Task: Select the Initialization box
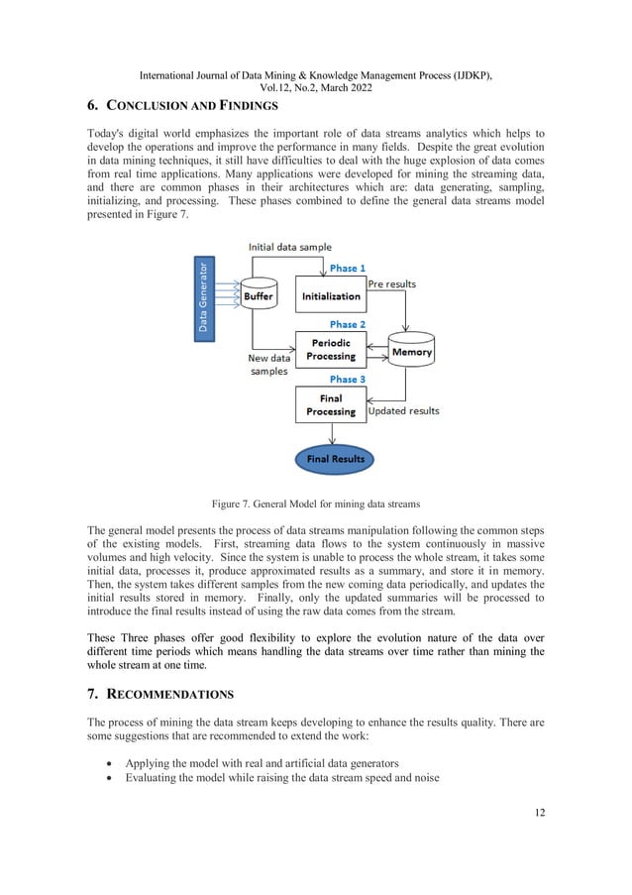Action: [x=331, y=295]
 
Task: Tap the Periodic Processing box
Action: [x=331, y=350]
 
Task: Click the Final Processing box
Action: [x=331, y=404]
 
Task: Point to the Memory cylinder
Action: [x=411, y=351]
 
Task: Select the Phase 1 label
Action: [x=348, y=269]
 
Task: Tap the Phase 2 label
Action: [x=348, y=324]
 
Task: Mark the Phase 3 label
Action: [x=348, y=379]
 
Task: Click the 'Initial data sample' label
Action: [x=290, y=246]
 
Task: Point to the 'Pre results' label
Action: [x=392, y=283]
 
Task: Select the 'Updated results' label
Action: [x=403, y=410]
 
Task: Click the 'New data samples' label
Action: [x=267, y=364]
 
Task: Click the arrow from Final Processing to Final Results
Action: [x=331, y=434]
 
